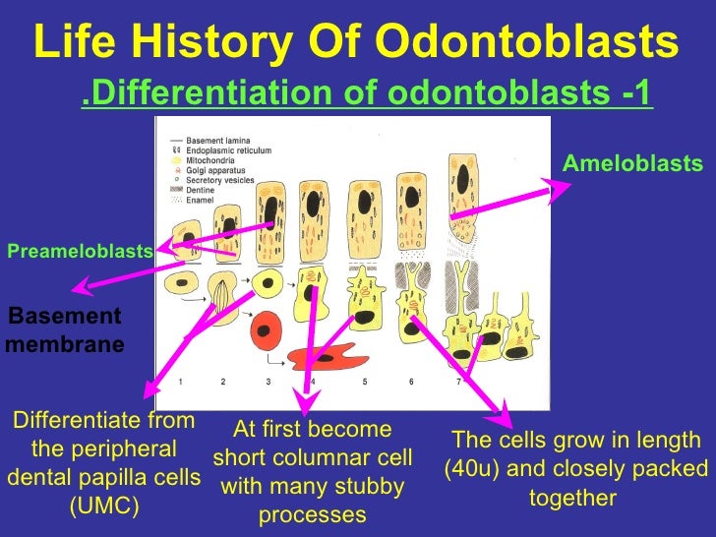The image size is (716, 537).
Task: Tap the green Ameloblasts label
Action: click(632, 163)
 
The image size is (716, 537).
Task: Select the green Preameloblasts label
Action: click(80, 252)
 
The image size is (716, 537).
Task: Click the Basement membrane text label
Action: click(65, 330)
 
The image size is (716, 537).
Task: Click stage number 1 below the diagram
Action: click(179, 381)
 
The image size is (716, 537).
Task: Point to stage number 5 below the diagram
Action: click(364, 381)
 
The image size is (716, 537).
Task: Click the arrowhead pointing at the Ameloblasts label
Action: click(561, 187)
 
